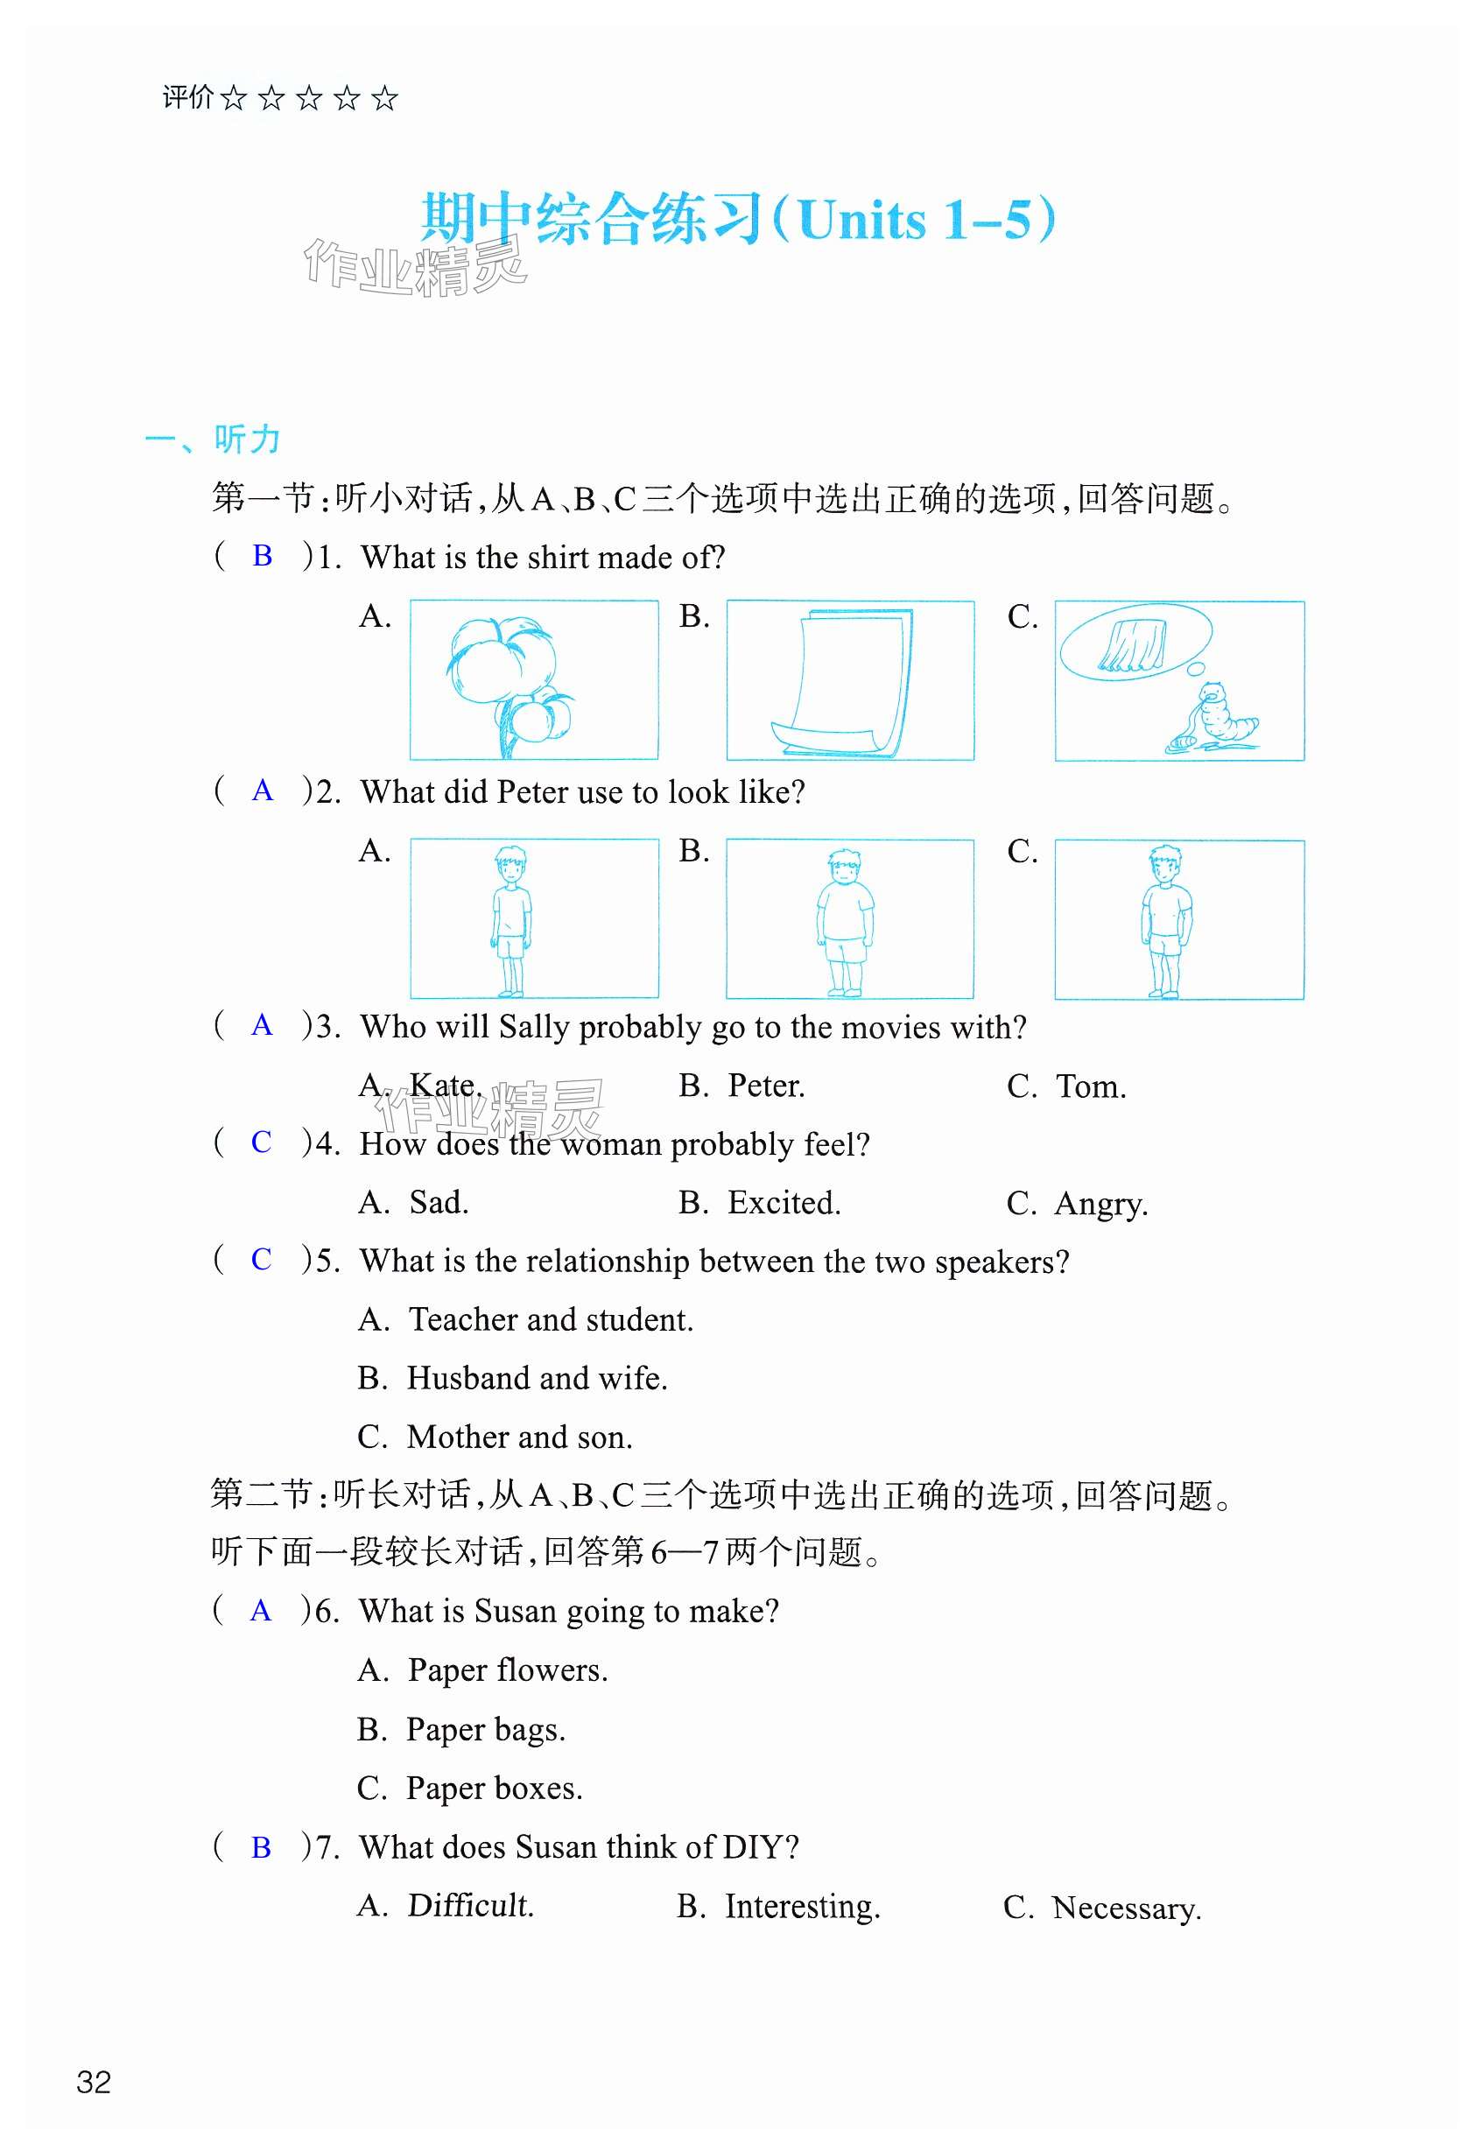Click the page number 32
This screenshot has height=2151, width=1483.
point(94,2082)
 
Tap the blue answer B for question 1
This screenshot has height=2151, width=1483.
point(262,556)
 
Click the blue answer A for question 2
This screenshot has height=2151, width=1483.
point(262,791)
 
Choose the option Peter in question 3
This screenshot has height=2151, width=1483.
point(766,1086)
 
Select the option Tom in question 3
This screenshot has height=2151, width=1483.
point(1090,1086)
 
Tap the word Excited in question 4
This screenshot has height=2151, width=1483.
point(783,1202)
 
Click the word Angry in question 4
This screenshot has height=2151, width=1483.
point(1100,1204)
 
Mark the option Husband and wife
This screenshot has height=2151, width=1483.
point(536,1378)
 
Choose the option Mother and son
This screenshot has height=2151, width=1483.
point(519,1437)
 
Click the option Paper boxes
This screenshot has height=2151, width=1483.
point(495,1788)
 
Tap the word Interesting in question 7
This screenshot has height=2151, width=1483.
point(801,1906)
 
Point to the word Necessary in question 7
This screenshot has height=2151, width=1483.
point(1125,1908)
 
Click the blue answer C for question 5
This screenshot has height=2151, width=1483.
point(261,1259)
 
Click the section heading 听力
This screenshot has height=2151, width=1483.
point(246,439)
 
